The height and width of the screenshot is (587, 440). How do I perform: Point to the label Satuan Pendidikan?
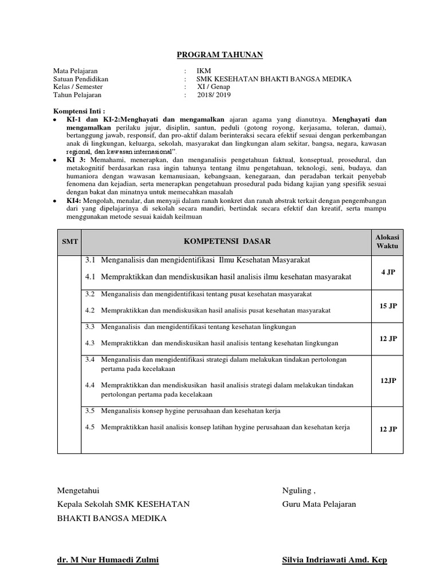click(81, 79)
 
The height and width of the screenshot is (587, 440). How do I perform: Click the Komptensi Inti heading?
click(80, 111)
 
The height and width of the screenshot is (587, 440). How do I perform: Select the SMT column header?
click(69, 242)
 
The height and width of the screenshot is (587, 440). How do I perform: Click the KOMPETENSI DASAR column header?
click(227, 241)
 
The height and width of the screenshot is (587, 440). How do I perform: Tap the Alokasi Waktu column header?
click(386, 241)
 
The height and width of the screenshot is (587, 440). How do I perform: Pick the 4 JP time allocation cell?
click(388, 272)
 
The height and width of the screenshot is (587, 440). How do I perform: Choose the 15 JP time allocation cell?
click(388, 306)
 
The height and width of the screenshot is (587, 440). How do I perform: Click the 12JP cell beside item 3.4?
click(388, 380)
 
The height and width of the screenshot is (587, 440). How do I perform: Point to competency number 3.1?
click(90, 260)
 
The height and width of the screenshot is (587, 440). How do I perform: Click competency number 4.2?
click(90, 311)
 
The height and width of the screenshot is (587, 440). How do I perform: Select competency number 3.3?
click(90, 327)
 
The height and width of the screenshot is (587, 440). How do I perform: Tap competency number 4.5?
click(90, 428)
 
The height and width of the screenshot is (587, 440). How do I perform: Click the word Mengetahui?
click(78, 491)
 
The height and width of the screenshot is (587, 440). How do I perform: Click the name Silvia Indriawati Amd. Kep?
click(335, 560)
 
